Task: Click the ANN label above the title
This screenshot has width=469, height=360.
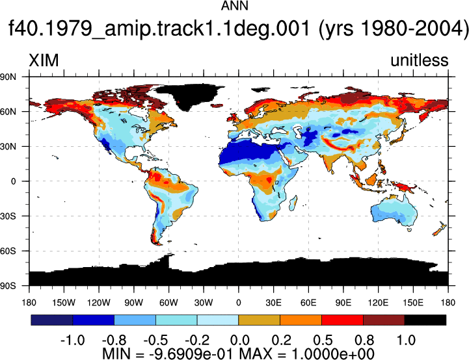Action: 234,5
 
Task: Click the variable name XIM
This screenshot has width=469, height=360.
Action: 44,60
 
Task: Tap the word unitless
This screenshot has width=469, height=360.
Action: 420,60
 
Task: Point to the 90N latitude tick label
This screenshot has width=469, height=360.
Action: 8,77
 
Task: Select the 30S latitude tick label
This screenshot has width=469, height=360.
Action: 8,216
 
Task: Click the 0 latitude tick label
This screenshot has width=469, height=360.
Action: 13,181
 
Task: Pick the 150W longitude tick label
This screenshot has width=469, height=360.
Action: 64,303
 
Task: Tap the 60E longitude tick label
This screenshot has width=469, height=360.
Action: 308,303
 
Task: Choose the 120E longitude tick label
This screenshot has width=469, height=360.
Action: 378,303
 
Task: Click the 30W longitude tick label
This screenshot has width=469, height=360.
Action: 204,303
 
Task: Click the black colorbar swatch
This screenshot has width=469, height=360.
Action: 425,320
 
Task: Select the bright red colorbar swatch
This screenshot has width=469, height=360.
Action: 342,320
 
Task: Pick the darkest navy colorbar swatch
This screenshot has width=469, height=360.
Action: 52,320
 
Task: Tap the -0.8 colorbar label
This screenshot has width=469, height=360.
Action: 114,340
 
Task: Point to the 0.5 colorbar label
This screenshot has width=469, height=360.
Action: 323,340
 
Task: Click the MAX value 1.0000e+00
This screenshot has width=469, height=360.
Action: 332,354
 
